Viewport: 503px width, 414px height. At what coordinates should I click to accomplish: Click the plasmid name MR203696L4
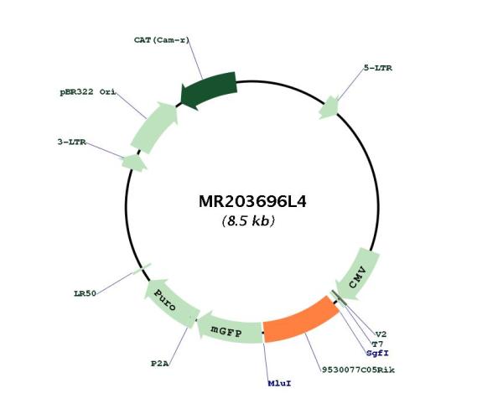[252, 202]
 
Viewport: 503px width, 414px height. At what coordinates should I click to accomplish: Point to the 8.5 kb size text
[248, 221]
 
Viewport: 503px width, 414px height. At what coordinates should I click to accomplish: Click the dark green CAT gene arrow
[209, 90]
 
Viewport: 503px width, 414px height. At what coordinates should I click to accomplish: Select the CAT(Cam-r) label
[162, 40]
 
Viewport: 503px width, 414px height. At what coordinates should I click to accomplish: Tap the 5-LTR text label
[377, 68]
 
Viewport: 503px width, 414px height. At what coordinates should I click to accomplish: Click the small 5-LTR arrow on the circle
[329, 108]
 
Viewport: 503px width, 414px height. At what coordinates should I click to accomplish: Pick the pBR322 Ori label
[88, 92]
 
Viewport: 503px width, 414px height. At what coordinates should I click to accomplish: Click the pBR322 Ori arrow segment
[153, 127]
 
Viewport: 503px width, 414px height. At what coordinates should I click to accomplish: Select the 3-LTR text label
[72, 142]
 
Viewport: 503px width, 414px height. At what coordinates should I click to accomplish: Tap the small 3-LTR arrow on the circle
[134, 163]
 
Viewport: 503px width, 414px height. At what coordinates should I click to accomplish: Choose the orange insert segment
[300, 321]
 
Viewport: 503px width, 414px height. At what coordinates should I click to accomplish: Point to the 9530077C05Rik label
[358, 370]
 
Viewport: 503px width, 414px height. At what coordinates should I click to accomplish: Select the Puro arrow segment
[172, 303]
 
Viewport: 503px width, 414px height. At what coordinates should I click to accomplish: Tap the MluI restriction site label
[279, 383]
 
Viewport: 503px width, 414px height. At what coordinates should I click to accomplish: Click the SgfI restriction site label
[377, 353]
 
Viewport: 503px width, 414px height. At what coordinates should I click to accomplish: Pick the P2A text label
[160, 364]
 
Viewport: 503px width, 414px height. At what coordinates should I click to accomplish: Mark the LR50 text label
[85, 293]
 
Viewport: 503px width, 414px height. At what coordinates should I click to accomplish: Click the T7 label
[377, 344]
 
